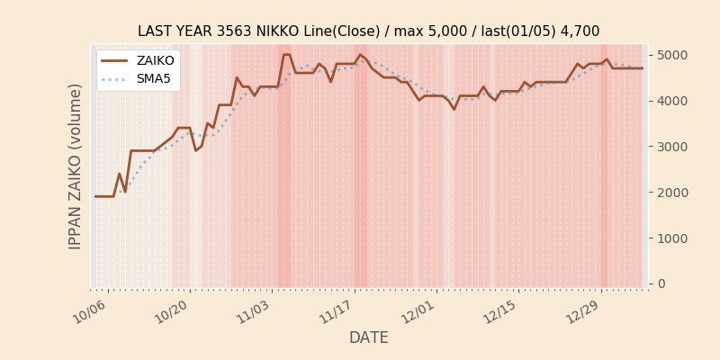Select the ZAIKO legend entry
click(x=155, y=60)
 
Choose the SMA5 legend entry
click(x=154, y=78)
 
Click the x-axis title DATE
click(x=369, y=338)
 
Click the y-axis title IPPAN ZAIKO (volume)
click(x=76, y=166)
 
